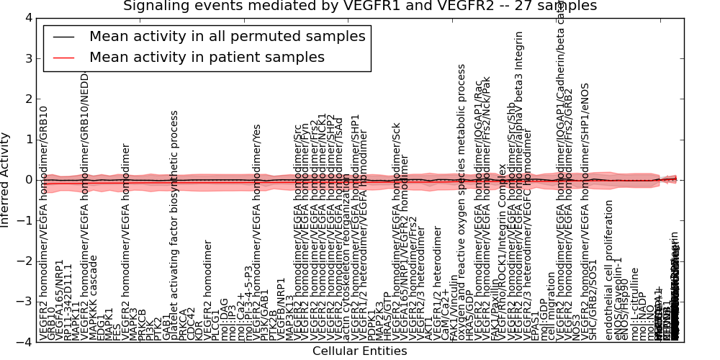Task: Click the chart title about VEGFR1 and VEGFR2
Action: (x=360, y=6)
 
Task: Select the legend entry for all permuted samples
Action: (x=227, y=36)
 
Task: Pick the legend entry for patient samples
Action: (x=207, y=57)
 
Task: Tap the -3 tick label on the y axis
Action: (x=24, y=302)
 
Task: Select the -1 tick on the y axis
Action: (x=24, y=220)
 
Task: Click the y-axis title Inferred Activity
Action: (x=6, y=179)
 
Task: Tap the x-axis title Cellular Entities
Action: (x=359, y=351)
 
